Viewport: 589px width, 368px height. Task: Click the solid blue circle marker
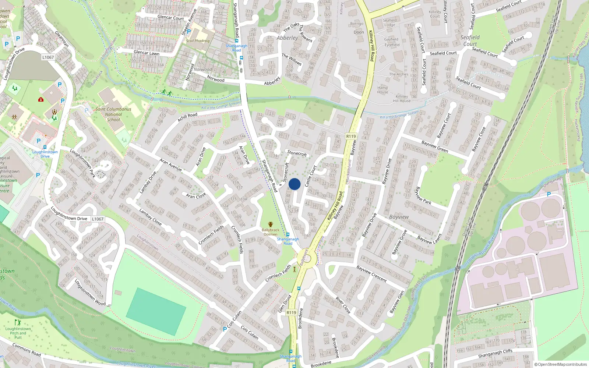pos(294,184)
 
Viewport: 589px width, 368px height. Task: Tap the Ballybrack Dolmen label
pos(271,232)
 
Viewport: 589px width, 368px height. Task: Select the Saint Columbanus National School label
pos(113,114)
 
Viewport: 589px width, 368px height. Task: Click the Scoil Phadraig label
pos(198,41)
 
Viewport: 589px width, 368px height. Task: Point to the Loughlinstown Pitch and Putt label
pos(18,333)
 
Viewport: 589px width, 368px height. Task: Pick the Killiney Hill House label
pos(402,99)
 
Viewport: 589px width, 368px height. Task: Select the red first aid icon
pos(41,99)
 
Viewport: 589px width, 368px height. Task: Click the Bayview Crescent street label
pos(371,274)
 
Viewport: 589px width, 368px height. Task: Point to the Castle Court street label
pos(310,176)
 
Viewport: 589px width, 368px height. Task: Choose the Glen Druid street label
pos(285,304)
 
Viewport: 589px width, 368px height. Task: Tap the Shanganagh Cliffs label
pos(495,354)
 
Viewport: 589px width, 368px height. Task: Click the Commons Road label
pos(27,350)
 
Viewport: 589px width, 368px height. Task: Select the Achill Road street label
pos(187,117)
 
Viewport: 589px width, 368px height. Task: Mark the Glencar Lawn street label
pos(147,53)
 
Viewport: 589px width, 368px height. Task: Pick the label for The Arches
pos(399,74)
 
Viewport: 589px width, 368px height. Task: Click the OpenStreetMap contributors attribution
pos(561,365)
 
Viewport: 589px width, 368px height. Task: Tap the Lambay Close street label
pos(150,217)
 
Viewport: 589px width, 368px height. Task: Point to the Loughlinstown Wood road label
pos(90,293)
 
